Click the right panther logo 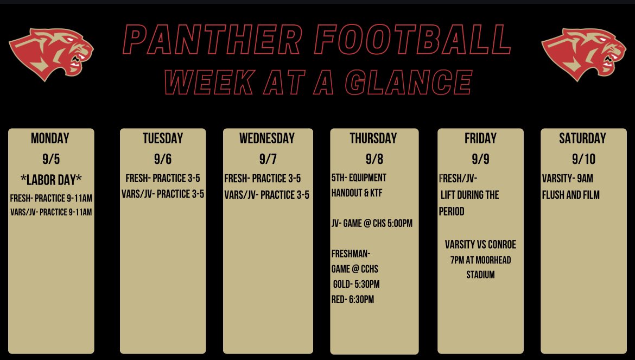583,54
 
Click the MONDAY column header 50,138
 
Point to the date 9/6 163,159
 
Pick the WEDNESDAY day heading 267,138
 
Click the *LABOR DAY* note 50,180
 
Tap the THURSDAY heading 373,138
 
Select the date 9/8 374,159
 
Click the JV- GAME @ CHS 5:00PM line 372,223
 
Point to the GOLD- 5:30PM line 357,284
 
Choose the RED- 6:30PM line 353,299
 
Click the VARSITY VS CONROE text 481,245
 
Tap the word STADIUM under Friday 480,275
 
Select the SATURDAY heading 582,138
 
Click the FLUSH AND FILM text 570,194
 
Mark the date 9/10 583,159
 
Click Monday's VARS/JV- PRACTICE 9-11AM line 51,212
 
